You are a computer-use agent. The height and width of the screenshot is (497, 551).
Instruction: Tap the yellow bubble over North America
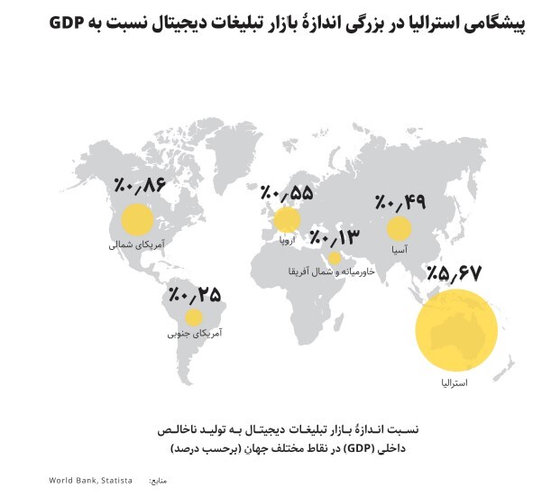[x=136, y=220]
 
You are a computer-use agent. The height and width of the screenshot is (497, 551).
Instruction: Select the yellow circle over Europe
[x=286, y=220]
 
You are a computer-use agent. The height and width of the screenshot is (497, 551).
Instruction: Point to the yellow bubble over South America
[x=193, y=318]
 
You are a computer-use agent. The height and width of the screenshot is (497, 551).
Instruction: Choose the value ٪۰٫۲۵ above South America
[x=194, y=293]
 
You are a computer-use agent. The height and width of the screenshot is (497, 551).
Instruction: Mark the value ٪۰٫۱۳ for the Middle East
[x=335, y=237]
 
